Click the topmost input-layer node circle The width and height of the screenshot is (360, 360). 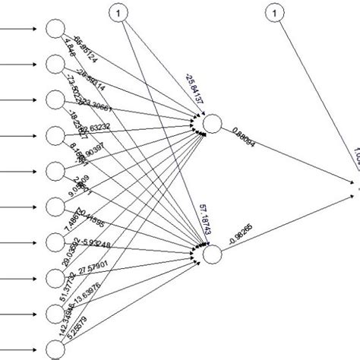54,29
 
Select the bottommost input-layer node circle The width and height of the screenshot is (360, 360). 54,349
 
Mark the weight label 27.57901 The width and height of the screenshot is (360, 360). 107,271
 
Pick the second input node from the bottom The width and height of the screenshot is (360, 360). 54,313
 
